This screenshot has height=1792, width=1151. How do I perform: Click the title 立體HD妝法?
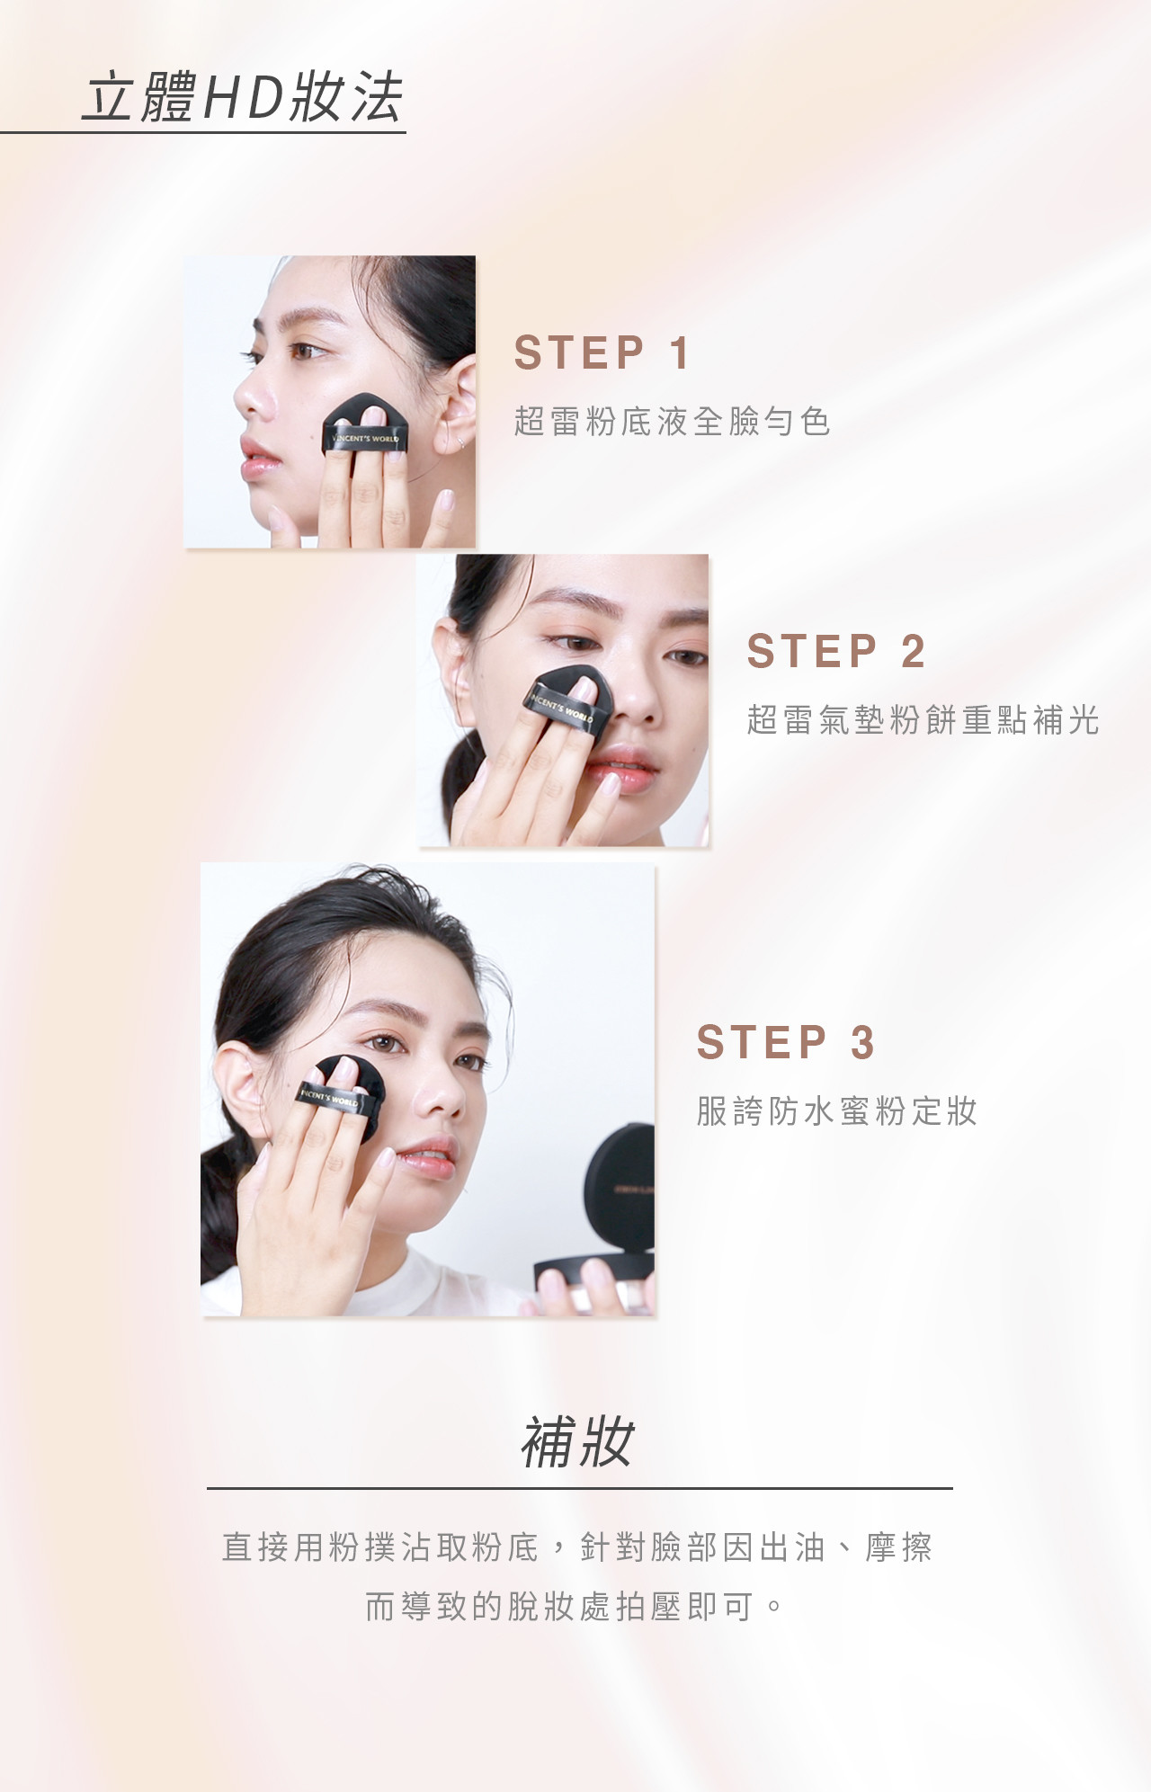[x=242, y=97]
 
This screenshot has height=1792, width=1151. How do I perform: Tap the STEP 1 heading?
[x=602, y=352]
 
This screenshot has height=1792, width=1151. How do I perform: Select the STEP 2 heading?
[x=835, y=651]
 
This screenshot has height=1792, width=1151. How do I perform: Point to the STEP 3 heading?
[x=785, y=1042]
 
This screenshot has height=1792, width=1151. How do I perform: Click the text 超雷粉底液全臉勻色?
[x=672, y=421]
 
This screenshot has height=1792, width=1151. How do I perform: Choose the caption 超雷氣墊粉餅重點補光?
[x=923, y=719]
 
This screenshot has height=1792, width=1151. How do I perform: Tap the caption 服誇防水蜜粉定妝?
[x=836, y=1111]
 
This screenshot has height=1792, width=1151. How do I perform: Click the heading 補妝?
[x=577, y=1444]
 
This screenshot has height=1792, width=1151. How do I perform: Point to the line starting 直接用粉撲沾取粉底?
[x=577, y=1547]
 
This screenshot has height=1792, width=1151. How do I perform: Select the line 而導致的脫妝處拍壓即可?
[x=575, y=1606]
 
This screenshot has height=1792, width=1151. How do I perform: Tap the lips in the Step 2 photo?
[x=629, y=772]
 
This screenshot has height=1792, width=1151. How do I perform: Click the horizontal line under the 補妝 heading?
[x=579, y=1488]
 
